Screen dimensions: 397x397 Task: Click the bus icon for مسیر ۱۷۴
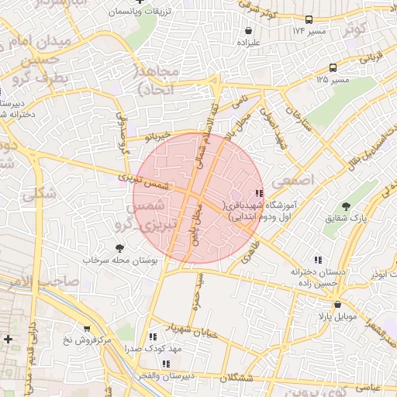coord(310,20)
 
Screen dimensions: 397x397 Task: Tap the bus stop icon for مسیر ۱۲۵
coord(333,68)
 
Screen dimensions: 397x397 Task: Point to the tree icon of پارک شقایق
coord(347,206)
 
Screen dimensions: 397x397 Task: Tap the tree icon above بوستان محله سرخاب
coord(119,248)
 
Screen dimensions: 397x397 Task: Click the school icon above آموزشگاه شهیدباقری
coord(258,193)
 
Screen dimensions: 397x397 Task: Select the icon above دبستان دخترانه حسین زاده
coord(316,261)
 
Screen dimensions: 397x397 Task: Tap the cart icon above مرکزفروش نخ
coord(86,329)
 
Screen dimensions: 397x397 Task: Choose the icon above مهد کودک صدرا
coord(153,337)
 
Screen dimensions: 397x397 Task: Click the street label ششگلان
coord(236,377)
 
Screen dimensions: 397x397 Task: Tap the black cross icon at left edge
coord(8,339)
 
